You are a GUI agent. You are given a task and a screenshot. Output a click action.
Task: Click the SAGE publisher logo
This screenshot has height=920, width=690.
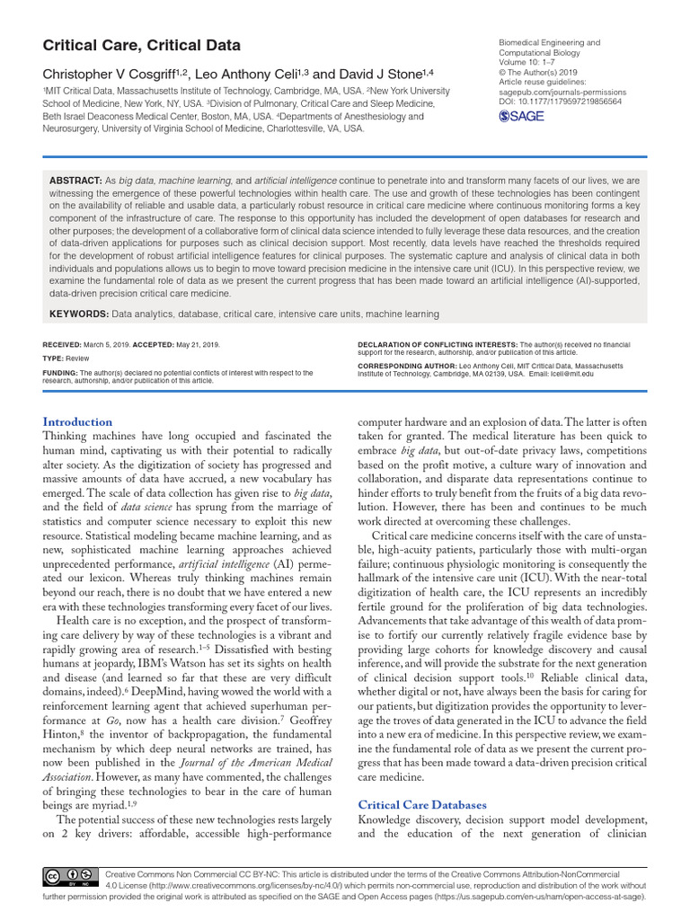[x=518, y=116]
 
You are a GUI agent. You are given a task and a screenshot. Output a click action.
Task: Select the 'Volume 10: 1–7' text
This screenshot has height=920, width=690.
[x=531, y=63]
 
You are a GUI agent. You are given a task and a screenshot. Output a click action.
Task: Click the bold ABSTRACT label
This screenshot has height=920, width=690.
[x=76, y=181]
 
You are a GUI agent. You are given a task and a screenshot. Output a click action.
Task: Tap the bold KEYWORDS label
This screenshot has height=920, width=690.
[x=79, y=314]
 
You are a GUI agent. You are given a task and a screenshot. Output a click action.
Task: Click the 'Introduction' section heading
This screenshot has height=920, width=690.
[x=78, y=421]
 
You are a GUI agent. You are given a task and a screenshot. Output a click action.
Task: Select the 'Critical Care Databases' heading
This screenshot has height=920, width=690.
[x=422, y=804]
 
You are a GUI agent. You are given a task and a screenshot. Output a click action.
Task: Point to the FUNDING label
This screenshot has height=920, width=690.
[x=60, y=373]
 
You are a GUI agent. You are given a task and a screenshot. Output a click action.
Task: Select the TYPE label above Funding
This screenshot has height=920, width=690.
[x=54, y=358]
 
